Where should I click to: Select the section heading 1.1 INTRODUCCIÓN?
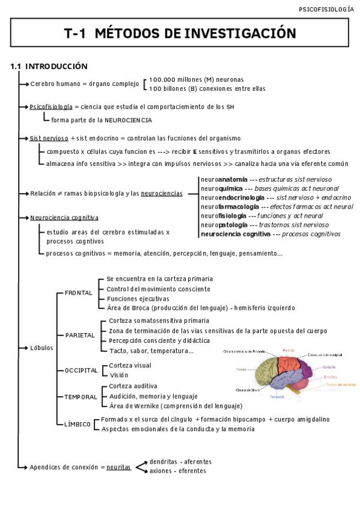(x=49, y=66)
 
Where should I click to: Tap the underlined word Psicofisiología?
(x=51, y=106)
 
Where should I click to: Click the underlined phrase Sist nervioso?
(x=49, y=138)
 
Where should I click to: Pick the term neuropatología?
(x=224, y=225)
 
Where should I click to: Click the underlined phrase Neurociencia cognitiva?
(x=64, y=218)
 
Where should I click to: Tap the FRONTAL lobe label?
(x=79, y=293)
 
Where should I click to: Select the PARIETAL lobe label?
(x=80, y=335)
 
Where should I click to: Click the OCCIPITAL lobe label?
(x=81, y=370)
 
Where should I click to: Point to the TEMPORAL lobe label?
(x=81, y=397)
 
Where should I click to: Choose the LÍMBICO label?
(x=78, y=424)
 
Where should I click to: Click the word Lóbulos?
(x=41, y=348)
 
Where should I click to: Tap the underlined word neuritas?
(x=118, y=467)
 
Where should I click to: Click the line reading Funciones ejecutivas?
(x=138, y=298)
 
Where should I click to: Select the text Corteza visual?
(x=130, y=365)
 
